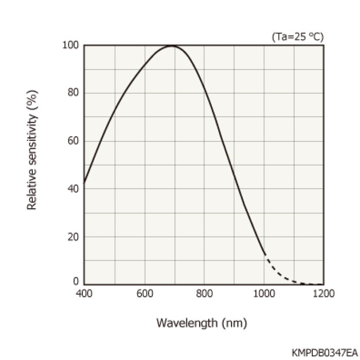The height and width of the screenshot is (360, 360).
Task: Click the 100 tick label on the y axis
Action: click(71, 45)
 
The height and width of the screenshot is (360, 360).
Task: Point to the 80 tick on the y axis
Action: click(73, 93)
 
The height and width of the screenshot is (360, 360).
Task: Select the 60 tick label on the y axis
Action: click(73, 141)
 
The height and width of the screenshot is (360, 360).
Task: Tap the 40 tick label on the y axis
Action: click(73, 189)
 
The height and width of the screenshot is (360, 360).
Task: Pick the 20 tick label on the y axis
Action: click(73, 237)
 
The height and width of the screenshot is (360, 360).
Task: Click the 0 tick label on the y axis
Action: click(76, 281)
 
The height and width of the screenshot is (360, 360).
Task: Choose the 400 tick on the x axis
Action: click(84, 294)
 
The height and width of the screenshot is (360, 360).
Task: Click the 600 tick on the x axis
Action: click(144, 294)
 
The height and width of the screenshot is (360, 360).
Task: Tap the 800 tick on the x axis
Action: click(204, 294)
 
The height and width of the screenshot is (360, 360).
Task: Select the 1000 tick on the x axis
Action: click(264, 294)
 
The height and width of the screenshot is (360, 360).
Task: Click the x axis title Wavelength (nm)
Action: click(202, 323)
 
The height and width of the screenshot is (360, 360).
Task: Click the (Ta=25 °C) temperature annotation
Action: click(298, 37)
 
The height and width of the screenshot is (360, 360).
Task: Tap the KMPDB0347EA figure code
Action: click(322, 353)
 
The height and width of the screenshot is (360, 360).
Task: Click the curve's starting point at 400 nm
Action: click(84, 182)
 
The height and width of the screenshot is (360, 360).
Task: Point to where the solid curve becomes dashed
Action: click(264, 255)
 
